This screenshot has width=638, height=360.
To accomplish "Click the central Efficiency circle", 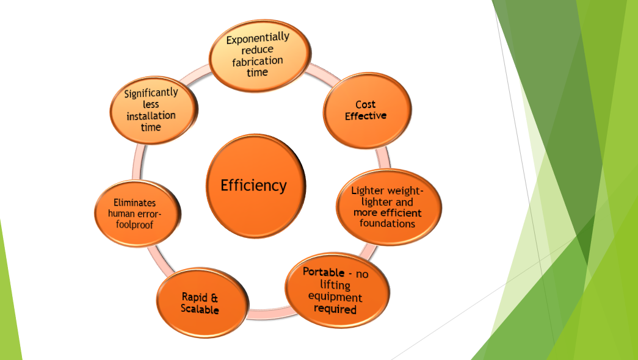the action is click(256, 186).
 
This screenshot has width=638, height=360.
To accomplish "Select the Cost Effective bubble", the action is click(367, 110).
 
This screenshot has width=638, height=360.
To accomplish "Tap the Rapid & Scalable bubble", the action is click(202, 303).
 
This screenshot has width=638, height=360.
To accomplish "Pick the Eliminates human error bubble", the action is click(137, 214).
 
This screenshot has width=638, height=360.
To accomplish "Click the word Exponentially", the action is click(258, 38).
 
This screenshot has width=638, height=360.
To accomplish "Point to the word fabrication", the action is click(258, 62).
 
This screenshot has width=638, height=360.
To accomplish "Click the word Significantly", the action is click(151, 93).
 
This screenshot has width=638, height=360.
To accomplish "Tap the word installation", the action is click(151, 116).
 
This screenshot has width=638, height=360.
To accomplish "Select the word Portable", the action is click(324, 272).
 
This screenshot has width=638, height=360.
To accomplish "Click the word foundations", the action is click(387, 223).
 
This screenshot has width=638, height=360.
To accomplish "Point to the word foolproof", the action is click(134, 225).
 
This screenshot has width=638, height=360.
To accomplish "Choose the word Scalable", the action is click(200, 309).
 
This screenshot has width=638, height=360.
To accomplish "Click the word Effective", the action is click(366, 116).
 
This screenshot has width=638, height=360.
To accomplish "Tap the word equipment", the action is click(335, 297).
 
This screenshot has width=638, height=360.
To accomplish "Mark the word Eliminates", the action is click(135, 203).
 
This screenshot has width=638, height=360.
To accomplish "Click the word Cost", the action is click(365, 104).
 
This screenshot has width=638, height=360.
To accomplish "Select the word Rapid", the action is click(195, 297).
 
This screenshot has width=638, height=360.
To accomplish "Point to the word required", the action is click(335, 309).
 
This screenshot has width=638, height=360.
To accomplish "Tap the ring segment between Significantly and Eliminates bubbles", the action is click(138, 162).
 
